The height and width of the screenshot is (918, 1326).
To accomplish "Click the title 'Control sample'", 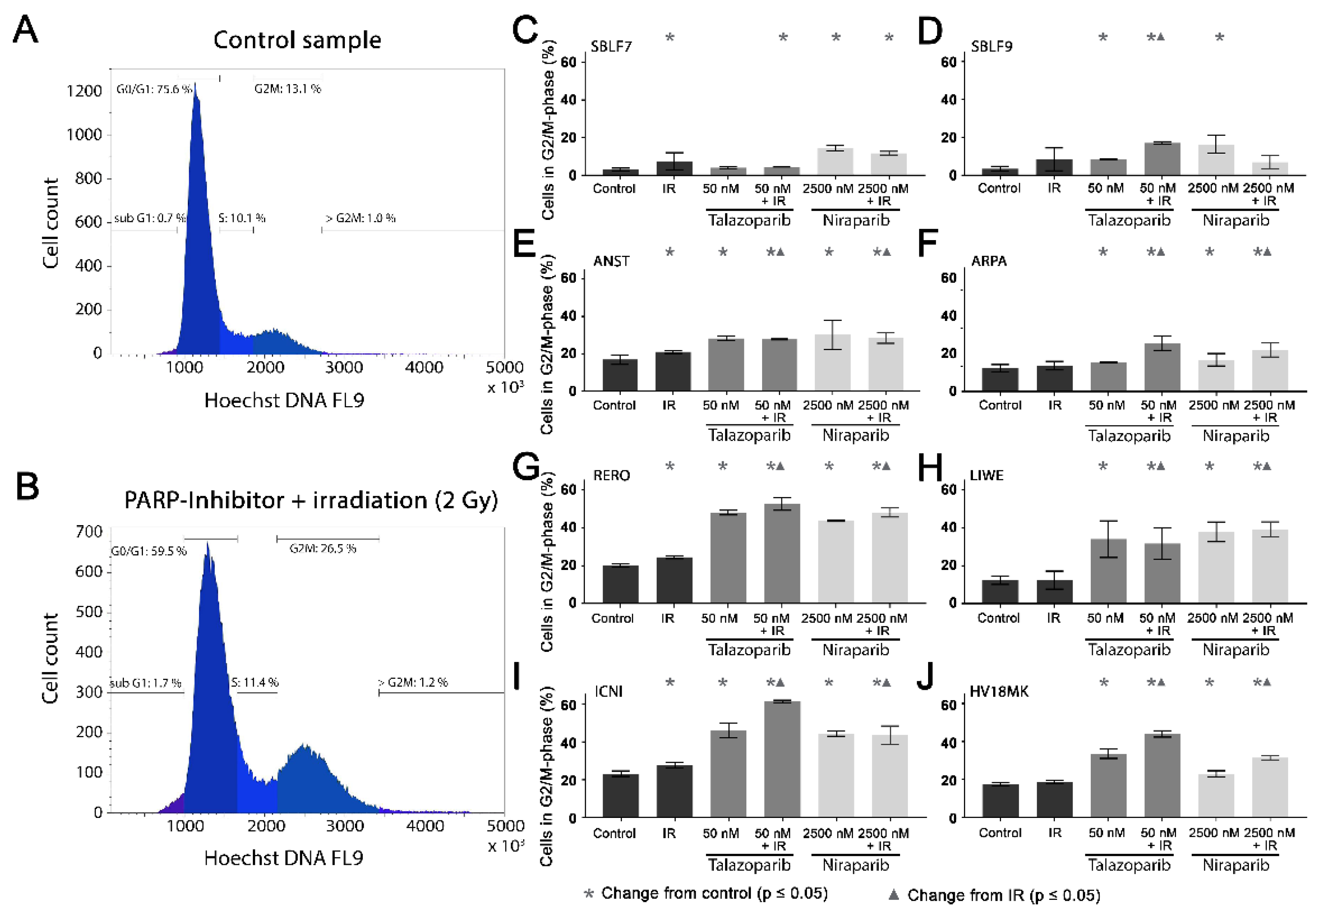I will (297, 40).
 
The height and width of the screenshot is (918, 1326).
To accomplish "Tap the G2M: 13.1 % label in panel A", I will (288, 89).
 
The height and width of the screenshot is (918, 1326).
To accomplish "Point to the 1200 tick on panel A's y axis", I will (84, 91).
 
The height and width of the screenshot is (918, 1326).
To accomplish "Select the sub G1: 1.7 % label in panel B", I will (145, 683).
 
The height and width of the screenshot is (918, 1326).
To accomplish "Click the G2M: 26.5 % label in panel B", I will (322, 548).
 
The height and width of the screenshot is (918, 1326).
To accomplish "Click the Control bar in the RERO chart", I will (620, 584).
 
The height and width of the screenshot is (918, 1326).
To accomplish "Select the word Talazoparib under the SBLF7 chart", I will (748, 220).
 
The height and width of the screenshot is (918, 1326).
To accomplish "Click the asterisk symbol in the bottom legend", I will (589, 893).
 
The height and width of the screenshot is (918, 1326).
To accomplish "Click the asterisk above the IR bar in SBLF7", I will (670, 38).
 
